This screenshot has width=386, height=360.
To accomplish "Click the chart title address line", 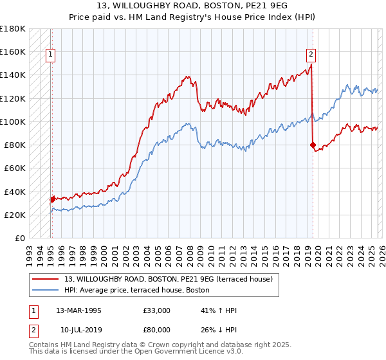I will point(193,6).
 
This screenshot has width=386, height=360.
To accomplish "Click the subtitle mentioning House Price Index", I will point(193,17).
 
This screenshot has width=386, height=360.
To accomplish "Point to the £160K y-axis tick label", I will point(12,51).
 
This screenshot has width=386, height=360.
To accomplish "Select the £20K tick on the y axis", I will point(14,215).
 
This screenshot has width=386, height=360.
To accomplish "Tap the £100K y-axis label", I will point(12,122).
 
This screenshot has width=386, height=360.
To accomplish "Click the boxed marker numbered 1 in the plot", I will point(51,55).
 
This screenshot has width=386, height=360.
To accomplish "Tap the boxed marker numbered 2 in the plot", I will point(311,55).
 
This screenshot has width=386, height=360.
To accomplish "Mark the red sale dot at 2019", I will point(313,145).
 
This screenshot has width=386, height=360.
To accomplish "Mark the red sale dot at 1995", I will point(52,199).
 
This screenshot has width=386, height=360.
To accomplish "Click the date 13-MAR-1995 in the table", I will point(78,310).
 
